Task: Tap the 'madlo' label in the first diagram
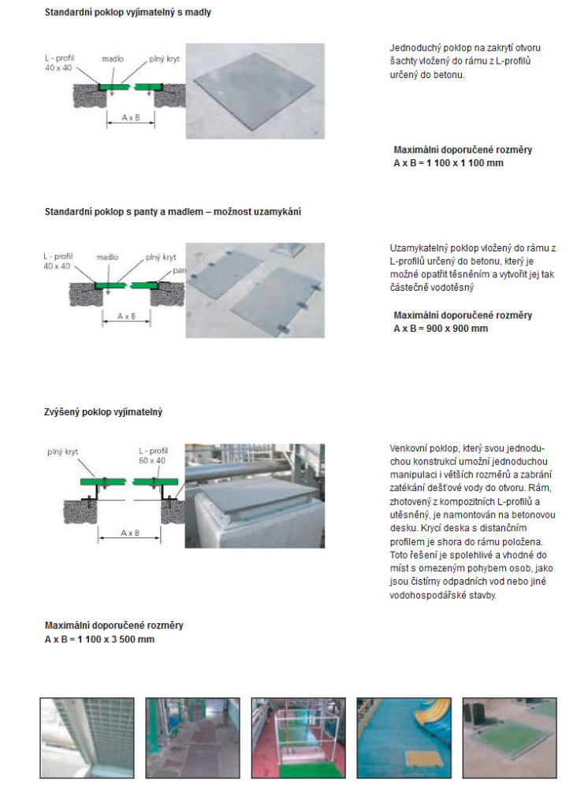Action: pos(112,58)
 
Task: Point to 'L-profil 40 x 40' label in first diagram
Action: pos(59,64)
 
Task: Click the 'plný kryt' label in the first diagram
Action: pos(163,58)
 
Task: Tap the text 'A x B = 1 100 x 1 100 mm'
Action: pos(448,163)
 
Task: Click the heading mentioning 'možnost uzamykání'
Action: pos(173,212)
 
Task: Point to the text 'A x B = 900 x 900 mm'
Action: pos(441,328)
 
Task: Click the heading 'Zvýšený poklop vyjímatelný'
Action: pos(103,412)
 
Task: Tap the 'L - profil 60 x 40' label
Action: pos(153,454)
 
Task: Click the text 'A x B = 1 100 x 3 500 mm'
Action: pos(99,639)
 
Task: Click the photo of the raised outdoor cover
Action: pos(255,494)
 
